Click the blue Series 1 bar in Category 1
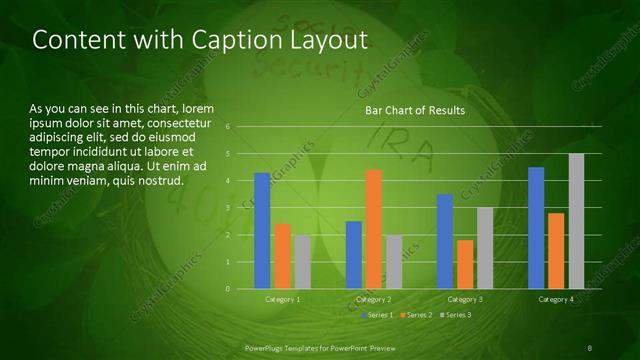pyautogui.click(x=262, y=231)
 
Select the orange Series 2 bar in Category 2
pyautogui.click(x=373, y=229)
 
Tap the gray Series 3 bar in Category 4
pyautogui.click(x=576, y=221)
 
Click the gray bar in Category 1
pyautogui.click(x=302, y=262)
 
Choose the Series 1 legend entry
pyautogui.click(x=377, y=315)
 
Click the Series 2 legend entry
pyautogui.click(x=416, y=315)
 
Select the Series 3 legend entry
pyautogui.click(x=455, y=315)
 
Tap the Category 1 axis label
pyautogui.click(x=282, y=299)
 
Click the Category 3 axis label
pyautogui.click(x=464, y=299)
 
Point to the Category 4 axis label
pyautogui.click(x=556, y=299)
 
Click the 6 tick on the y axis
pyautogui.click(x=228, y=127)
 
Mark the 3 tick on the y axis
pyautogui.click(x=228, y=208)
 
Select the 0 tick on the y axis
pyautogui.click(x=228, y=289)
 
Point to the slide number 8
pyautogui.click(x=589, y=347)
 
